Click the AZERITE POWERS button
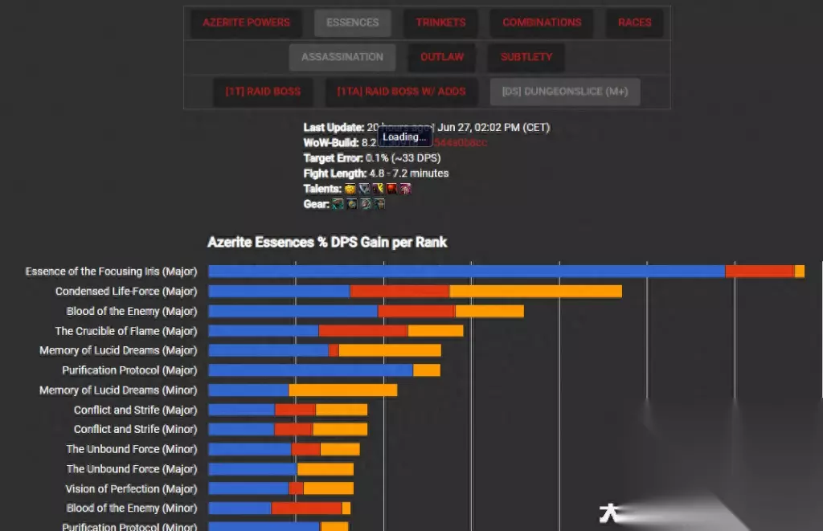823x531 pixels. point(246,22)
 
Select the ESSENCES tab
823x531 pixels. point(353,22)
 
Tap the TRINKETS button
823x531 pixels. point(440,22)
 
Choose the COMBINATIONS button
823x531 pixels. point(542,22)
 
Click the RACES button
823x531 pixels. point(634,22)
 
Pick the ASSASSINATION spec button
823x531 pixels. point(342,57)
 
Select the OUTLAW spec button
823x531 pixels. point(442,57)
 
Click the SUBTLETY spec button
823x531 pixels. point(526,57)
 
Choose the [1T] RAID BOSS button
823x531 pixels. point(263,92)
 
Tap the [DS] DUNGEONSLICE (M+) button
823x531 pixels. point(565,92)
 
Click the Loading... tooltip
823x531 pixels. point(404,137)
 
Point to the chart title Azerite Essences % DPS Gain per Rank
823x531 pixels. point(327,242)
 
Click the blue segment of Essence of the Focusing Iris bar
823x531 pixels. point(466,272)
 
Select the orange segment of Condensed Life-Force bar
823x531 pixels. point(535,292)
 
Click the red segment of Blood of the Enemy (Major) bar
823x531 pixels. point(416,311)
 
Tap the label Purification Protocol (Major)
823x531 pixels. point(129,370)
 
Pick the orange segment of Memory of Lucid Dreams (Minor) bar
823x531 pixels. point(343,390)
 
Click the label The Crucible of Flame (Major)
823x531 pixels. point(125,331)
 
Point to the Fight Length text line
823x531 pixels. point(376,174)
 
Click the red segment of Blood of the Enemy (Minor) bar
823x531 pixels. point(306,509)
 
